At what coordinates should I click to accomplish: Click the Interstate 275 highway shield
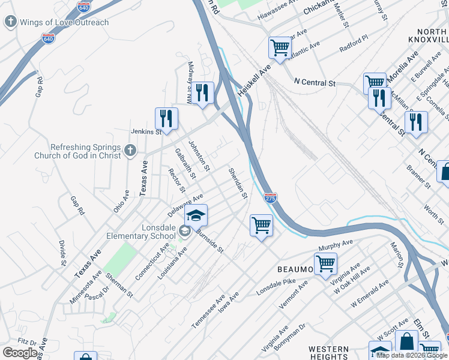pyautogui.click(x=270, y=197)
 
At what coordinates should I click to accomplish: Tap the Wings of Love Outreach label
pyautogui.click(x=65, y=23)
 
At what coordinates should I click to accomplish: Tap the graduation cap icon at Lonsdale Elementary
pyautogui.click(x=196, y=215)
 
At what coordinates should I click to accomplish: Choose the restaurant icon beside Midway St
pyautogui.click(x=202, y=92)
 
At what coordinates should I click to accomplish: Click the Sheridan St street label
pyautogui.click(x=238, y=183)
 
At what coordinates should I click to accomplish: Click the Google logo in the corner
pyautogui.click(x=20, y=353)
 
